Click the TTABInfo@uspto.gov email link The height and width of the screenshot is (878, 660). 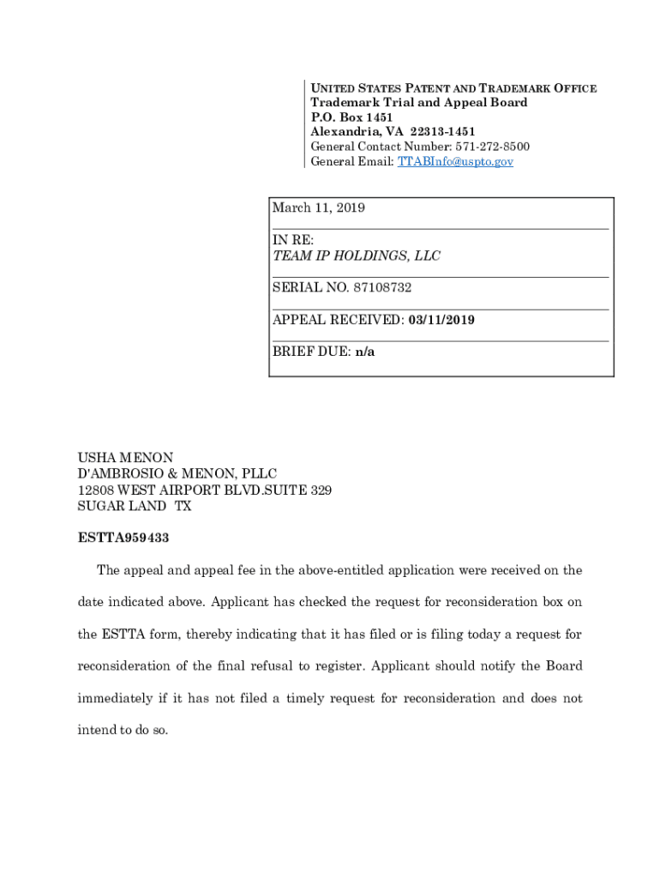click(455, 161)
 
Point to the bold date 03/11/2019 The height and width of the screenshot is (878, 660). click(441, 320)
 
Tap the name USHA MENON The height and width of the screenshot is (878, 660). click(125, 459)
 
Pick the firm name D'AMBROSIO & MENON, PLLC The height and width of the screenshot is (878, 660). click(177, 474)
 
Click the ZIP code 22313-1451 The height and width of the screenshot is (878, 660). click(442, 132)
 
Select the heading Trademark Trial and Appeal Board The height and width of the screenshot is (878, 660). click(419, 103)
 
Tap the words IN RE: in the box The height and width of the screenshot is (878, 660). click(293, 241)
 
